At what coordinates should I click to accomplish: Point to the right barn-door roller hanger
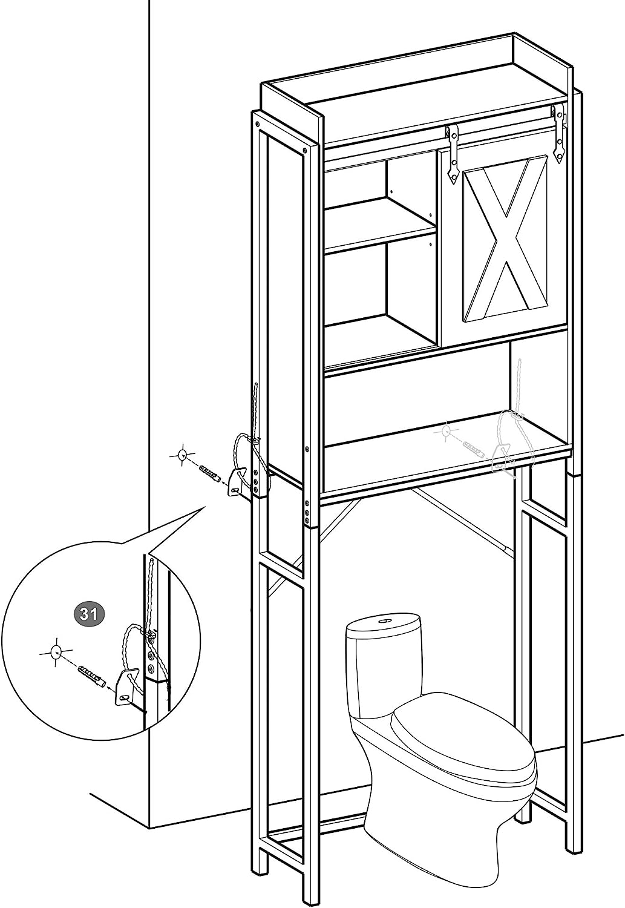coord(560,134)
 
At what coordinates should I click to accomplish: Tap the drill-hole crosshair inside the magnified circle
coord(56,652)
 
